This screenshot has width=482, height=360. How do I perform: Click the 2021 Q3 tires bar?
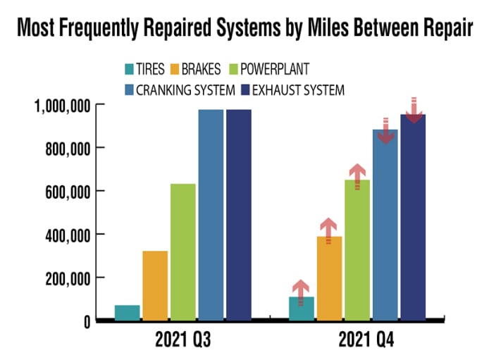127,312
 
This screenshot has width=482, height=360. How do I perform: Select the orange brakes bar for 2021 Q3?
155,285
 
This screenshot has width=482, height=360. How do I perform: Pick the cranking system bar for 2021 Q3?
211,215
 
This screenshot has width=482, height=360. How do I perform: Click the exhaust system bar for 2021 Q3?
238,215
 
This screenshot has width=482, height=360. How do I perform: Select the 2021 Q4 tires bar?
301,309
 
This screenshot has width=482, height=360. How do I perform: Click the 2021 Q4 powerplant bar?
357,250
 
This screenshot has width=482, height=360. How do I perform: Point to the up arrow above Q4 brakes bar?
329,230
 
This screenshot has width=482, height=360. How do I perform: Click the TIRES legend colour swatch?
129,70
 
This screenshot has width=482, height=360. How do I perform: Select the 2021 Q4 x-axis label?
366,342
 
